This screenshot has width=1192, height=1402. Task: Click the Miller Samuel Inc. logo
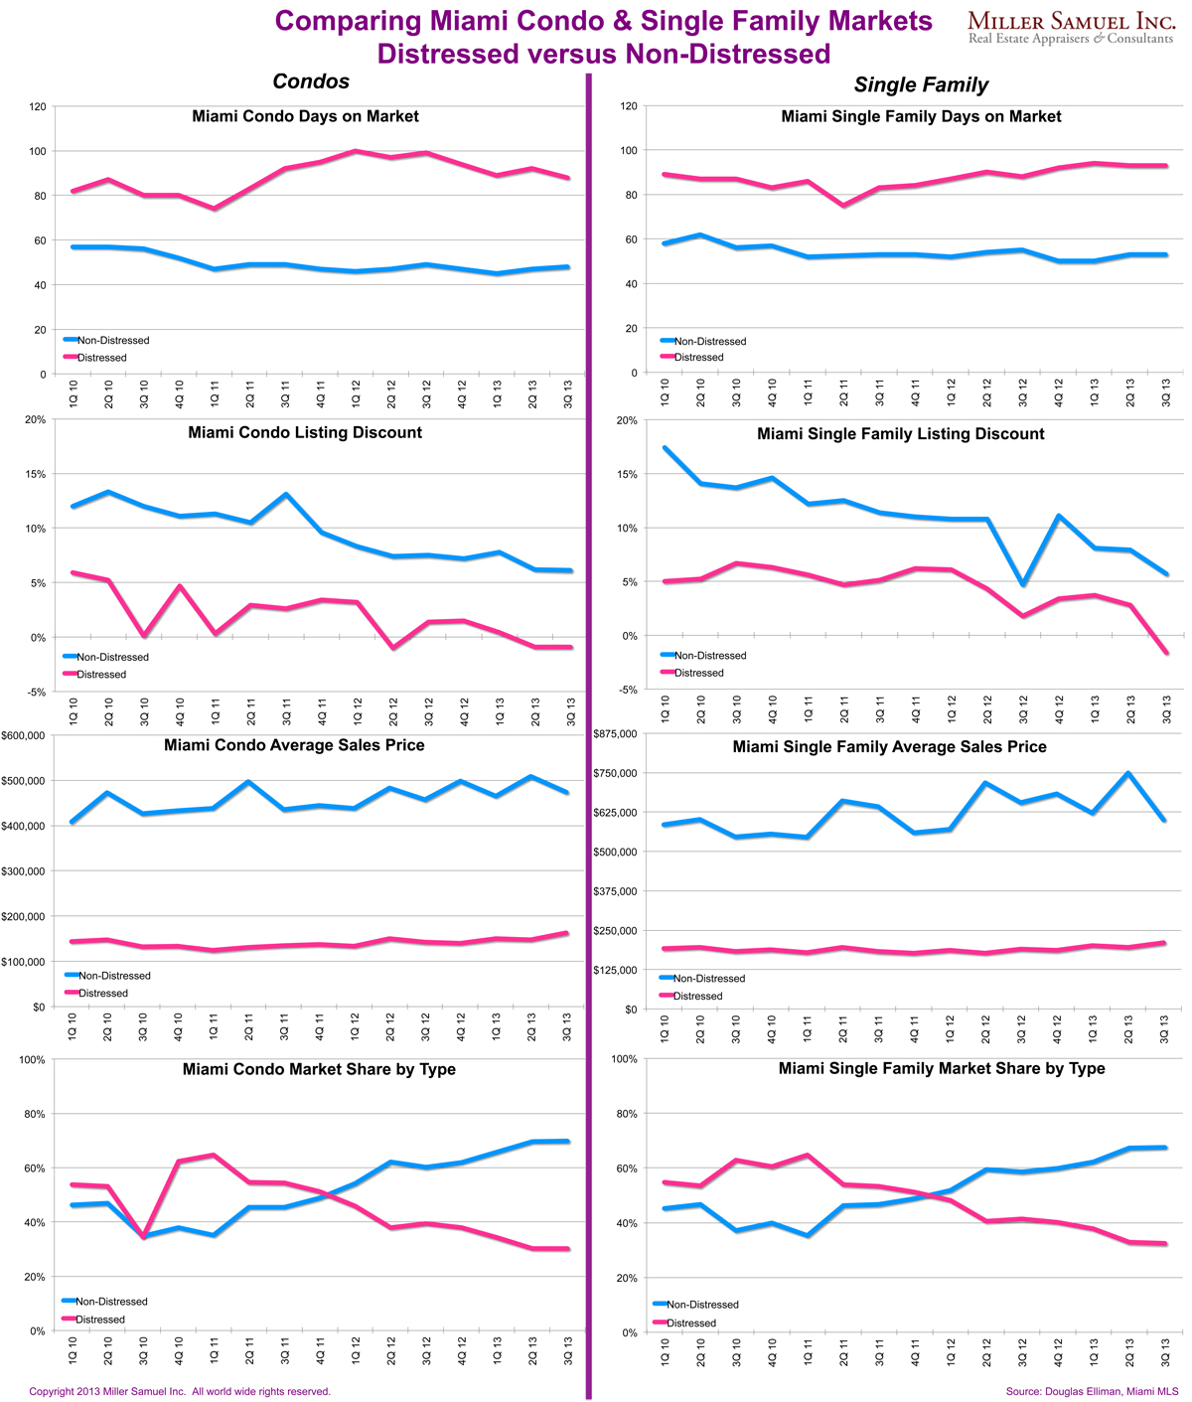[1071, 27]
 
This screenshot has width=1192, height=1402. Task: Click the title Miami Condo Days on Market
[305, 116]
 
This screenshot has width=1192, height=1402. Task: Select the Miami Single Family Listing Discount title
[900, 434]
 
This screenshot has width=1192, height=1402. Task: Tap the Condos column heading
[311, 81]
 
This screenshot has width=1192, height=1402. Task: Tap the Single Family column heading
[921, 85]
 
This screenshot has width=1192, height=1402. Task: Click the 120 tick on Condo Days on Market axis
[38, 106]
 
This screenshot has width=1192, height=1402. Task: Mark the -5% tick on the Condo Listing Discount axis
[36, 692]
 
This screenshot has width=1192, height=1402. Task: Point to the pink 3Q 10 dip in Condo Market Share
[143, 1237]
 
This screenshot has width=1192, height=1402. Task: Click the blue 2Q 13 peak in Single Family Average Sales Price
[1128, 773]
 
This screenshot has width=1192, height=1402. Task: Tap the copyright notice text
[180, 1391]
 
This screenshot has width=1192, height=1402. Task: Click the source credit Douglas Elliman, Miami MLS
[1092, 1391]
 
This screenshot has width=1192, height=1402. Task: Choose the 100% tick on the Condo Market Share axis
[32, 1060]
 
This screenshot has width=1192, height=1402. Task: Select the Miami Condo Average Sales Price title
[294, 745]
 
